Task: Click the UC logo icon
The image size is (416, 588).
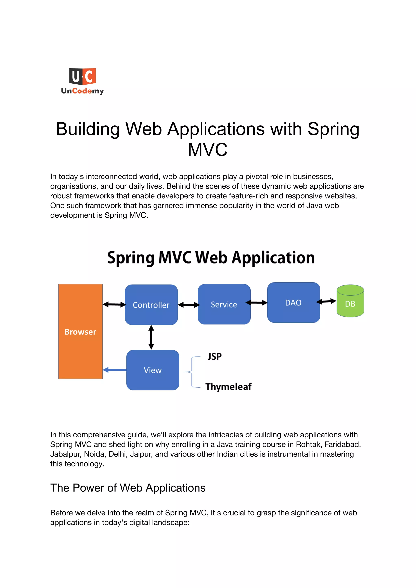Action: [x=82, y=76]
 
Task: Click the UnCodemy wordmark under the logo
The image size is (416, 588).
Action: [x=82, y=91]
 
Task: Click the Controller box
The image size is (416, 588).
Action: [x=151, y=304]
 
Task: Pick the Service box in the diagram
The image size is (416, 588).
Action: [x=224, y=304]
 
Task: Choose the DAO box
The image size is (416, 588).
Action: [x=293, y=302]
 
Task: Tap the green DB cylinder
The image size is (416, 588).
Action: [x=350, y=301]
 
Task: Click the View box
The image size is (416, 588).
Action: [x=153, y=370]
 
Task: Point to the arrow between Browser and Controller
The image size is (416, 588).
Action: [x=114, y=304]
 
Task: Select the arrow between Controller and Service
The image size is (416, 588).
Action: [x=188, y=305]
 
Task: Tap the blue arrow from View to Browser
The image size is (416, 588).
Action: [x=115, y=370]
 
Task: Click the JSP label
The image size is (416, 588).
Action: [x=214, y=356]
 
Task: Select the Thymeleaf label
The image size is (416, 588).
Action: [x=228, y=387]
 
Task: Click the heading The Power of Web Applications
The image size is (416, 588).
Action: [x=128, y=488]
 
